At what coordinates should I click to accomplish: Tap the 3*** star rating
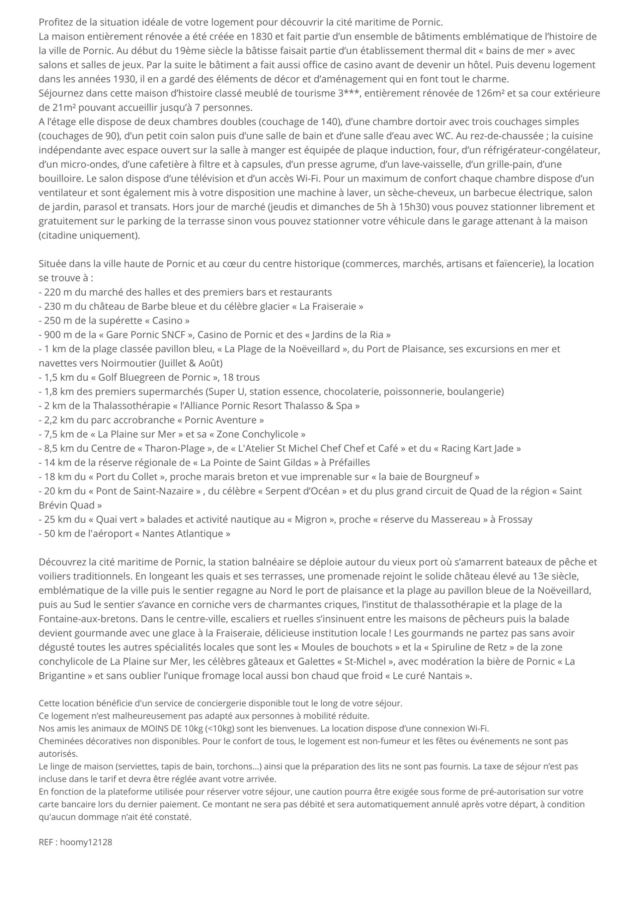(x=348, y=93)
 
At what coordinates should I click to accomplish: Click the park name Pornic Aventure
(x=224, y=420)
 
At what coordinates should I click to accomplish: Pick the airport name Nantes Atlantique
(x=183, y=534)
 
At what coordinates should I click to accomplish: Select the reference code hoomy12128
(x=86, y=842)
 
